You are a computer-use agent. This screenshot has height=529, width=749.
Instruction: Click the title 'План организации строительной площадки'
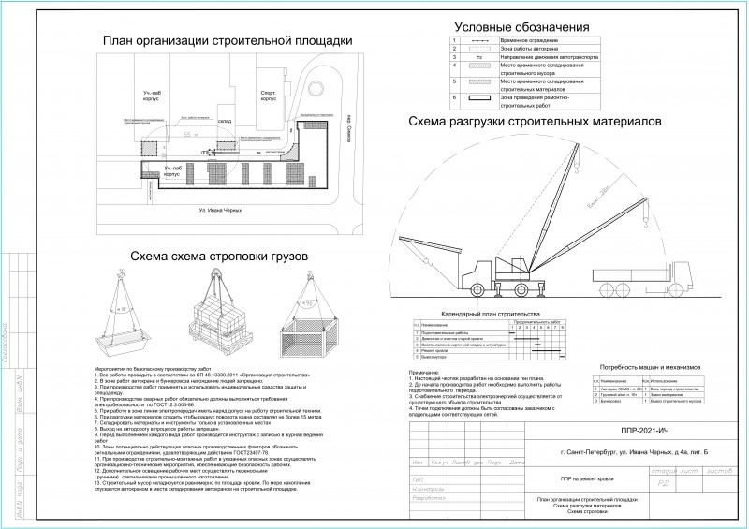(228, 40)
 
